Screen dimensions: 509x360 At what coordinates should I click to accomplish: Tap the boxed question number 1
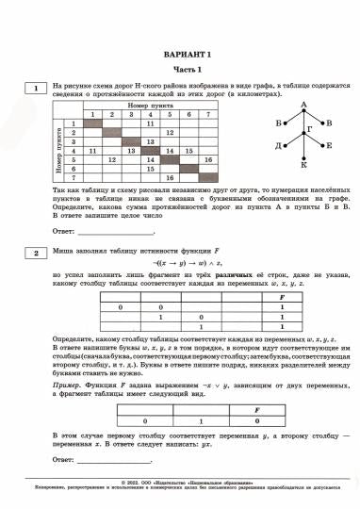(x=35, y=90)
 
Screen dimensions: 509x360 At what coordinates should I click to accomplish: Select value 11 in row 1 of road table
(x=150, y=124)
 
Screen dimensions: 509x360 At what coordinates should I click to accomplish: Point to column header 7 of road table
(x=213, y=115)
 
